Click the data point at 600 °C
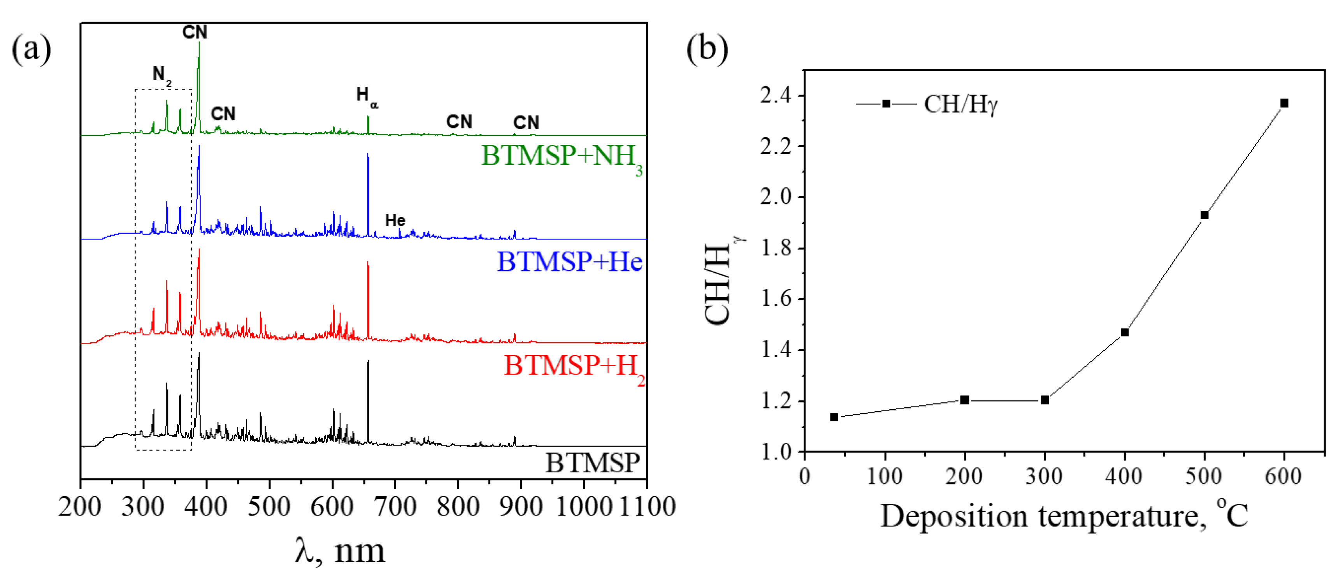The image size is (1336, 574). tap(1284, 103)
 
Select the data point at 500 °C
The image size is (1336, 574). tap(1204, 215)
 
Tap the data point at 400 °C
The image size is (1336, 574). tap(1124, 332)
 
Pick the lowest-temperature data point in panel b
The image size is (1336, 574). tap(834, 417)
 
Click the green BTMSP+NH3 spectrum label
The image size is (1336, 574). tap(562, 157)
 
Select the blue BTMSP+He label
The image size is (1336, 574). tap(569, 262)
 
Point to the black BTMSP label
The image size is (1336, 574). tap(592, 462)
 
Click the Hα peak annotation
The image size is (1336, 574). tap(367, 97)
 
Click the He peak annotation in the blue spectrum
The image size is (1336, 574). tap(395, 220)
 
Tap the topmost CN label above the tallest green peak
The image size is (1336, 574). tap(195, 32)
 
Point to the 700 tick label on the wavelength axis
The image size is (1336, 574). tap(395, 506)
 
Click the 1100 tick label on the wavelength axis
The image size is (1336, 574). tap(647, 506)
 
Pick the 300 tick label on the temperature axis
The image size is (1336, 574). tap(1044, 476)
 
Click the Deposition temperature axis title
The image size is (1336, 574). tap(1063, 516)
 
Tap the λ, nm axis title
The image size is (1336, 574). tap(340, 551)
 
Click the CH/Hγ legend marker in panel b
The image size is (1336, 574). tap(887, 104)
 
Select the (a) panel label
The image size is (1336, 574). tap(32, 49)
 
